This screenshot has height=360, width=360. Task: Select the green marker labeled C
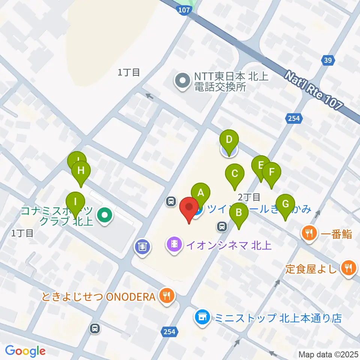point(235,174)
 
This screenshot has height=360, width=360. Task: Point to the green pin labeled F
point(272,172)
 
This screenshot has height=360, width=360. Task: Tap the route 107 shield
point(184,10)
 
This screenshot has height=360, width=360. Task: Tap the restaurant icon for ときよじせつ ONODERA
point(166,296)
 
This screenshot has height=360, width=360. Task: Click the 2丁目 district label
point(249,196)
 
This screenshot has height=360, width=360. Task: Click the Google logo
point(25,351)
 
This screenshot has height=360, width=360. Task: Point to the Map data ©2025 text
point(328,354)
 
